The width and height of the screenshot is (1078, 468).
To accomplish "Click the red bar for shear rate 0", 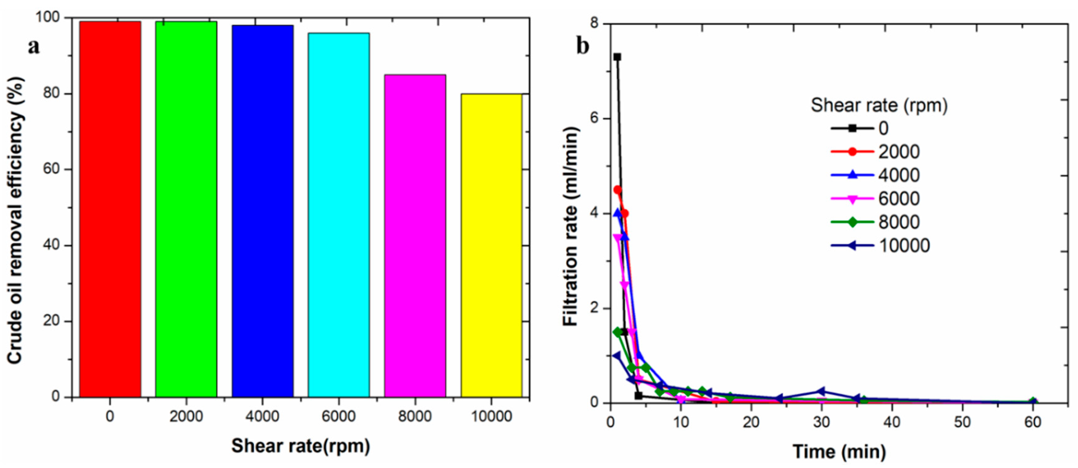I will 110,209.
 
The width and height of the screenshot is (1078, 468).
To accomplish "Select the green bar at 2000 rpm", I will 186,209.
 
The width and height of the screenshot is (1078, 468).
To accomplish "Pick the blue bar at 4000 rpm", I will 262,211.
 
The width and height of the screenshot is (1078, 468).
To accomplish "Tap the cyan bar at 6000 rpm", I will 338,216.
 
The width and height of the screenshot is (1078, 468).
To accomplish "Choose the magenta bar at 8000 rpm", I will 415,236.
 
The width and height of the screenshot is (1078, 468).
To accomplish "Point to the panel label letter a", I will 34,46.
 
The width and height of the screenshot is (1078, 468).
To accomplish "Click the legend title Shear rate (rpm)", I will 879,105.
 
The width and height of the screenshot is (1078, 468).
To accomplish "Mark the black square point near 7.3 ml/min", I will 617,57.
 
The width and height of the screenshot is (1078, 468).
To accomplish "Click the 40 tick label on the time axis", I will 892,422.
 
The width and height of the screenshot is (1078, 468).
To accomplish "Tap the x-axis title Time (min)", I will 839,452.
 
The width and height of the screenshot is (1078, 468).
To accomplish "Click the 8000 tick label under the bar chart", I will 415,416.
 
